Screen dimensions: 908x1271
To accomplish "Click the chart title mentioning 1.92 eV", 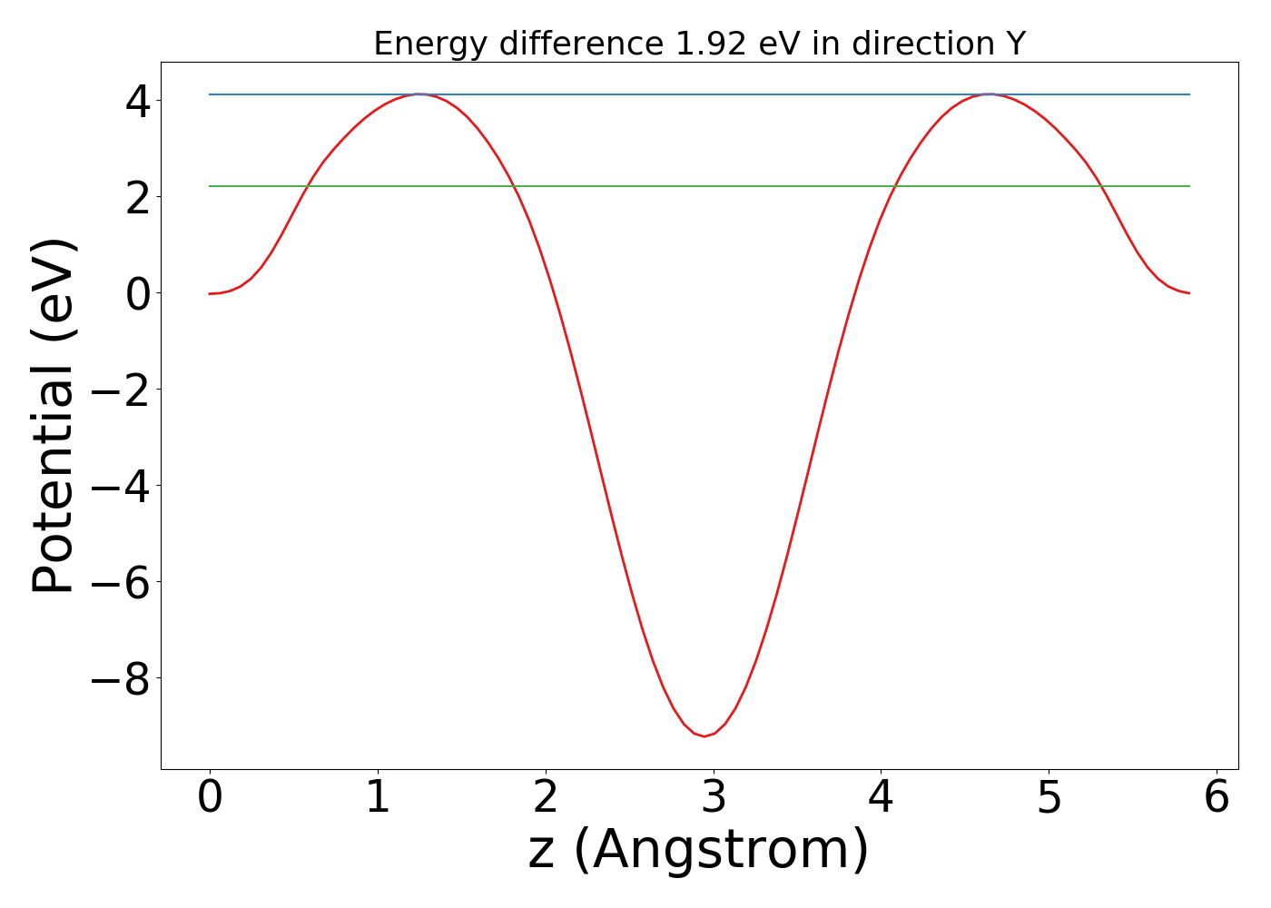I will coord(699,44).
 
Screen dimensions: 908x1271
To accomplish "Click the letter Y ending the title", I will coord(1015,44).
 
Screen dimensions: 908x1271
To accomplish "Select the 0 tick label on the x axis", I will coord(210,797).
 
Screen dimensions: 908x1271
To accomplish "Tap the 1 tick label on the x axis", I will coord(378,797).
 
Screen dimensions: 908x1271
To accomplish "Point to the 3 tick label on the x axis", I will coord(714,797).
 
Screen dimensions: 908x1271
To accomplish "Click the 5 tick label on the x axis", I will coord(1049,797).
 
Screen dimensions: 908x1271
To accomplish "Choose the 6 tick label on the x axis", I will coord(1217,797).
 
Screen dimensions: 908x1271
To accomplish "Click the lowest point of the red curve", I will coord(704,735).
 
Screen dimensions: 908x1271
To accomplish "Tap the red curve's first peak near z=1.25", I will coord(419,94).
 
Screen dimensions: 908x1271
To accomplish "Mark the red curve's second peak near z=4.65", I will coord(990,94).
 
